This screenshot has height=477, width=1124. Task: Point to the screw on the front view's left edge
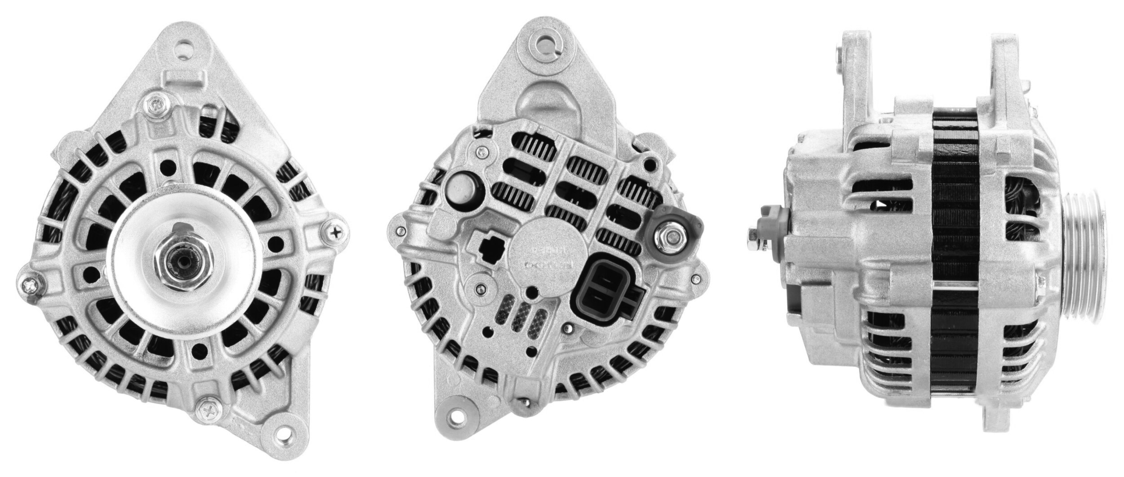pos(31,284)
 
